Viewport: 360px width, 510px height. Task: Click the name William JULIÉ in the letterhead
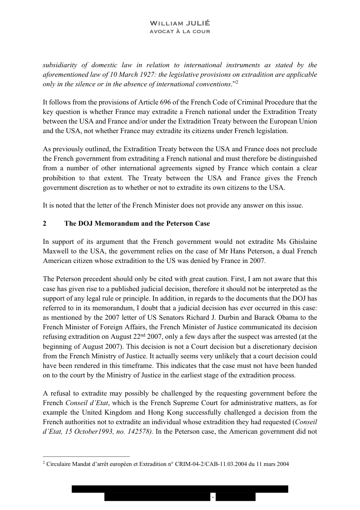coord(180,23)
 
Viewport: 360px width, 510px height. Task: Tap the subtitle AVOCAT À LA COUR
coord(180,31)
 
